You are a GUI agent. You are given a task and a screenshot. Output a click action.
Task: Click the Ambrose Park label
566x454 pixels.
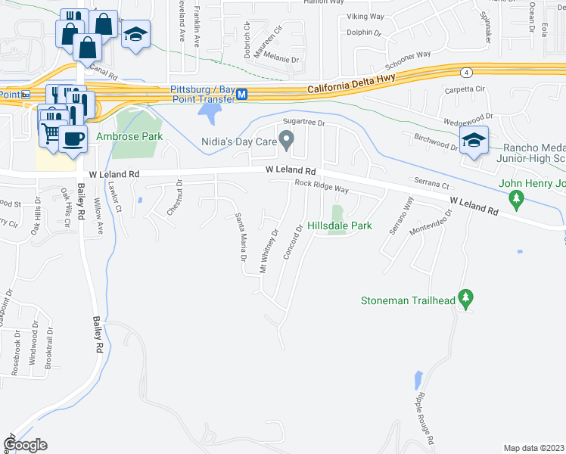[x=130, y=137]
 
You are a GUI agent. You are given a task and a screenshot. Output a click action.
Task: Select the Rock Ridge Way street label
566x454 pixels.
[x=322, y=186]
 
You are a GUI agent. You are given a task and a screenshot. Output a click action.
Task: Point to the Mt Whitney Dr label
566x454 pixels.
[x=268, y=250]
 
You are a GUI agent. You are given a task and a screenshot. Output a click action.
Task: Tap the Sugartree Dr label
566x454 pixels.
[x=303, y=122]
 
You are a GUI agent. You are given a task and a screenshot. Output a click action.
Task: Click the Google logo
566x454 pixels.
[x=26, y=445]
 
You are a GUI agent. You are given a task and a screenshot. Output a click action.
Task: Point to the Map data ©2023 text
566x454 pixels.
[x=533, y=448]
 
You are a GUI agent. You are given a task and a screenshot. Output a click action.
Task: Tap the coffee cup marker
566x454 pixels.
[x=73, y=139]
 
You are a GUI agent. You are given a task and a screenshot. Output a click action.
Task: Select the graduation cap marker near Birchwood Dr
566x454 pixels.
[x=474, y=140]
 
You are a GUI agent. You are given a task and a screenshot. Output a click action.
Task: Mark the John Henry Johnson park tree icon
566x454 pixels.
[x=517, y=200]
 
